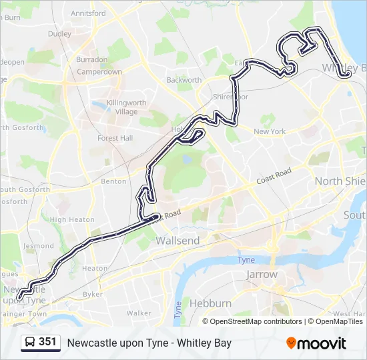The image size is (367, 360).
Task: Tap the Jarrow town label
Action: (x=262, y=274)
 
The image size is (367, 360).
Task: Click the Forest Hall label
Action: (x=115, y=138)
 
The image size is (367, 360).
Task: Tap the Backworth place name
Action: (x=183, y=80)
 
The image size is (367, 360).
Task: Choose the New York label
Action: (x=270, y=131)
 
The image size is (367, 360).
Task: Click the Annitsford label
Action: (x=87, y=13)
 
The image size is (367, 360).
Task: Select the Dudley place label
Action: (x=59, y=33)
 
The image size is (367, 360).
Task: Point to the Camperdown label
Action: (x=99, y=71)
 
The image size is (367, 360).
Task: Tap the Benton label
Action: (x=113, y=181)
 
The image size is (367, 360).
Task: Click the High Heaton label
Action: (x=72, y=219)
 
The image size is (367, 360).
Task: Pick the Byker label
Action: (x=92, y=293)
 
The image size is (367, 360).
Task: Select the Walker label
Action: (x=138, y=313)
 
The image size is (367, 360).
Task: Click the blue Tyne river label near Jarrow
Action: (x=246, y=260)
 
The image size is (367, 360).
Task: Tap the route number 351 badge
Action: (x=47, y=342)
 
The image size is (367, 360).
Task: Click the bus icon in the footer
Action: (x=29, y=343)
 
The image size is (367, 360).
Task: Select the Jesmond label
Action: (x=38, y=245)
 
